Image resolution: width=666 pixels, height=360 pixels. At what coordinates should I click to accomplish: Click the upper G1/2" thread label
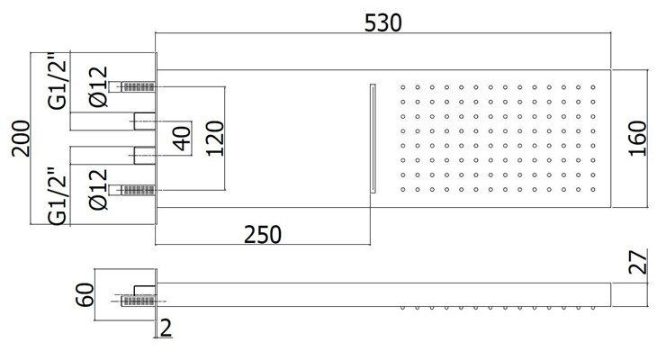(x=57, y=83)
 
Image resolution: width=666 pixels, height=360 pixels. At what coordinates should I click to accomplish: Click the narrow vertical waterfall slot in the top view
(x=373, y=137)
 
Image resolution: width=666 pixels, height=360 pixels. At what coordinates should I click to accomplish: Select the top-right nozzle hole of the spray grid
(x=593, y=87)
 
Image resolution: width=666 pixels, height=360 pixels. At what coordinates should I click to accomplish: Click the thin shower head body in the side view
(x=387, y=293)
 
